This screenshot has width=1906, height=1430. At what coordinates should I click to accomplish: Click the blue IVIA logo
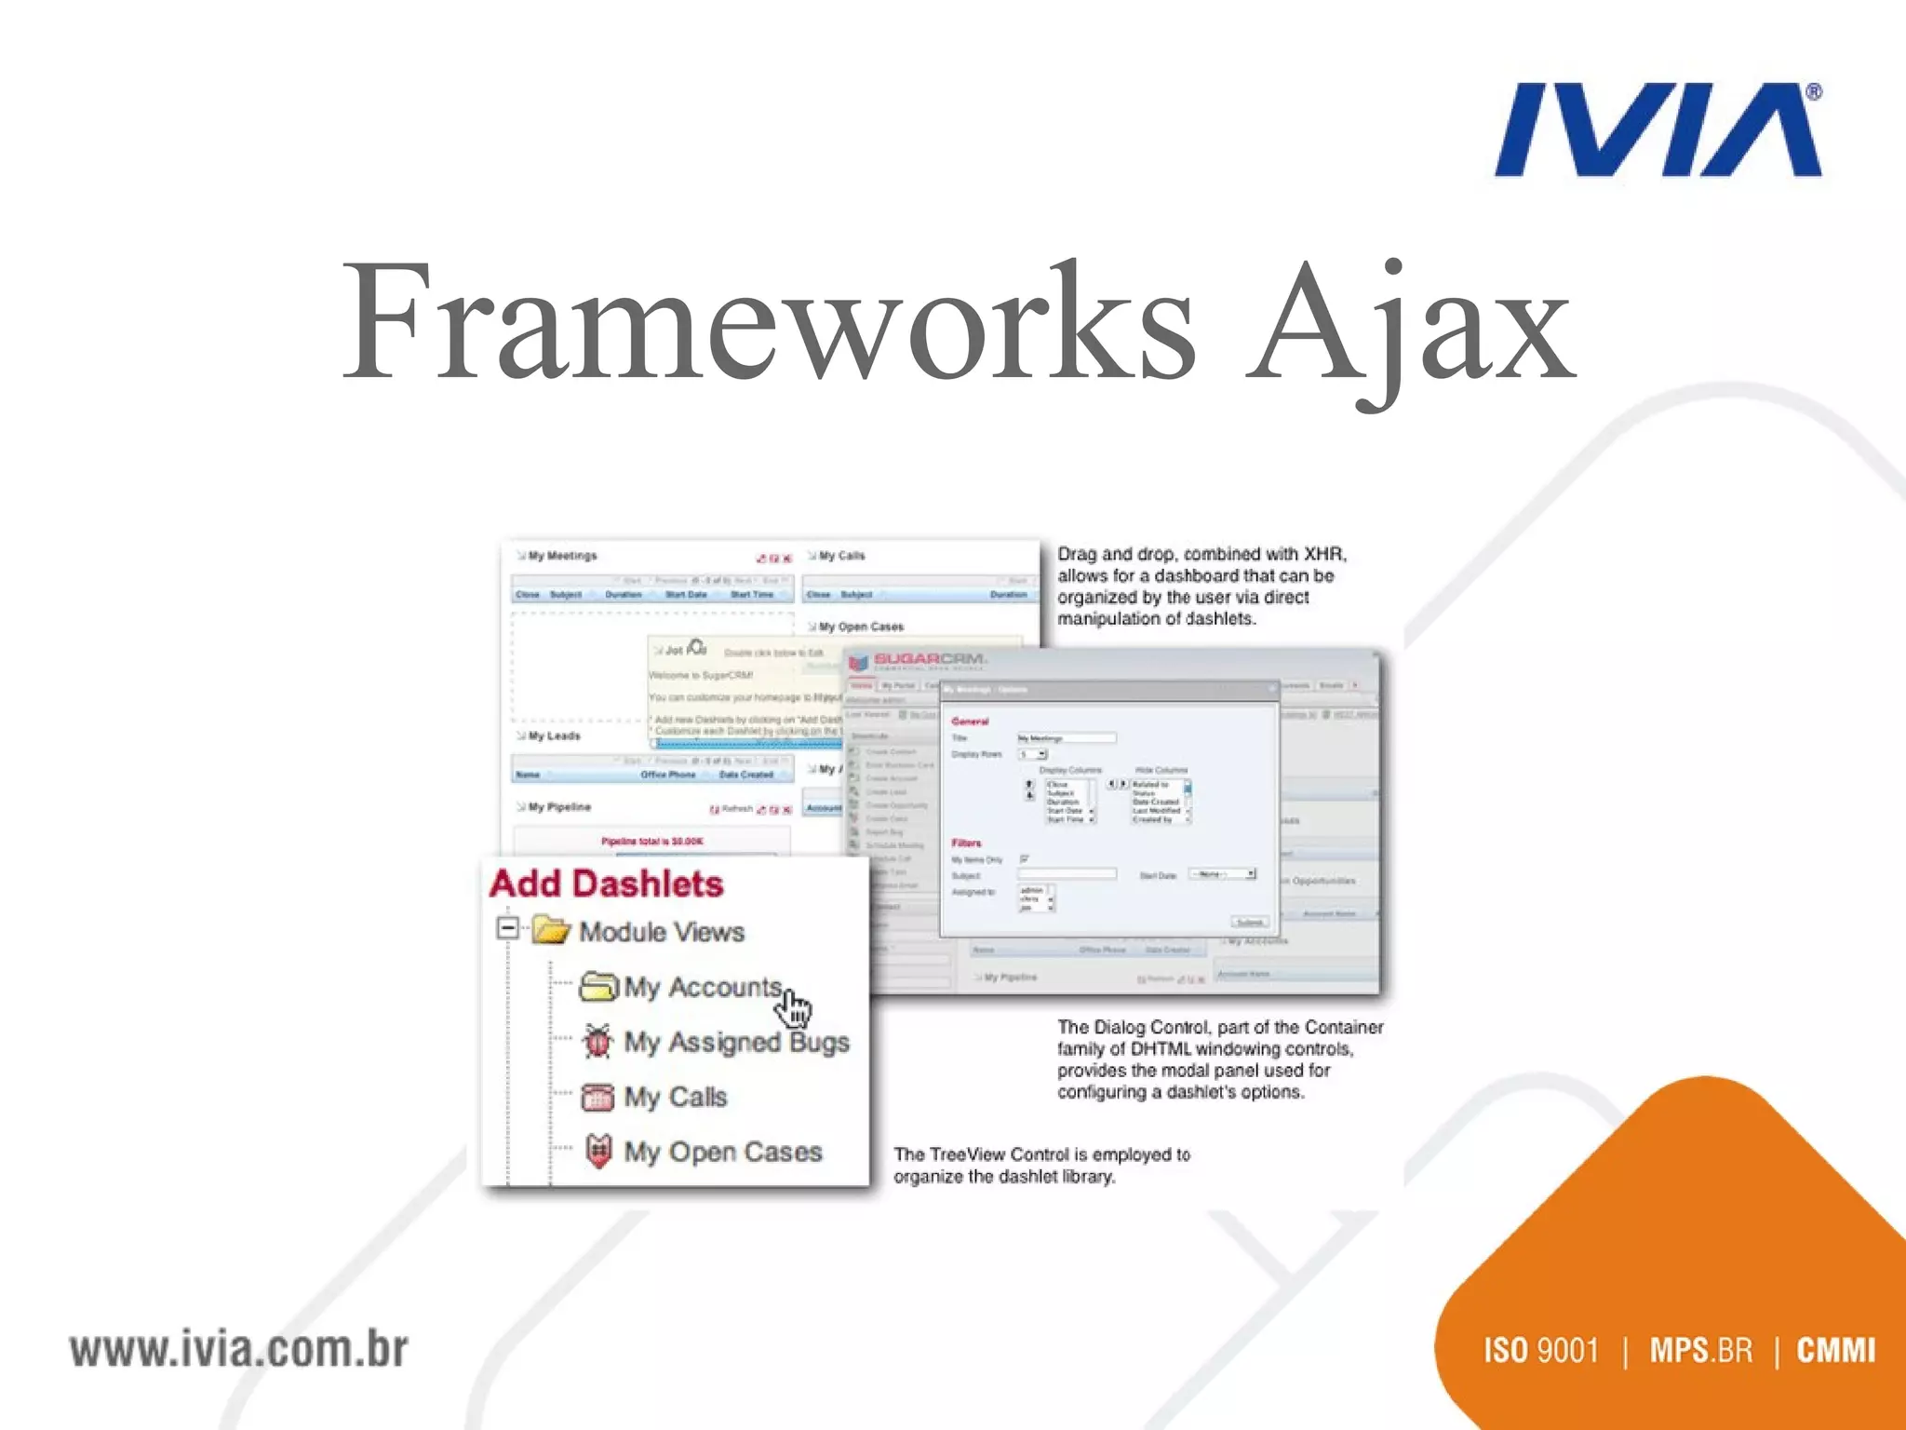pos(1657,130)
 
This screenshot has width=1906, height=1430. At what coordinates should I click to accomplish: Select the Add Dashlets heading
pos(606,884)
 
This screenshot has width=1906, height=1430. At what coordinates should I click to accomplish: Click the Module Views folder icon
pos(550,930)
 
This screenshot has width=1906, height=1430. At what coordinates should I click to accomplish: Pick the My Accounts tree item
pos(702,987)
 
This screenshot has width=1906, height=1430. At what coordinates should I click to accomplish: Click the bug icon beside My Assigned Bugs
pos(597,1041)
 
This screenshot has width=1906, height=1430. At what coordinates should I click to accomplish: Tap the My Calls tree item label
pos(675,1097)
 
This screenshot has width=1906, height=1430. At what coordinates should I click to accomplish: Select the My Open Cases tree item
pos(722,1152)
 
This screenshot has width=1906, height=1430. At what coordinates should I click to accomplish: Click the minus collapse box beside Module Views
pos(507,928)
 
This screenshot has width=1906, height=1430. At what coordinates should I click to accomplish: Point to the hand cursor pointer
pos(796,1007)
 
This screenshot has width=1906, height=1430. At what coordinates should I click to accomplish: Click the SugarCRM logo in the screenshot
pos(917,661)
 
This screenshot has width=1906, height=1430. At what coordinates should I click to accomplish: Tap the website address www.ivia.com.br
pos(238,1350)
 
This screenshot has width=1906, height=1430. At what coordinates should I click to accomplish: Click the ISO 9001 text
pos(1540,1351)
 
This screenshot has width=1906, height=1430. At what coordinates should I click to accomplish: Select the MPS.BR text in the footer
pos(1700,1351)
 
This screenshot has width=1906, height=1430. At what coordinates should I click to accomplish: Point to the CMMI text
pos(1835,1351)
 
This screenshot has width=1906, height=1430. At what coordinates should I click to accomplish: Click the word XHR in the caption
pos(1323,554)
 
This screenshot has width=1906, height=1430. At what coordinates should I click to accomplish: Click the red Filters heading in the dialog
pos(966,843)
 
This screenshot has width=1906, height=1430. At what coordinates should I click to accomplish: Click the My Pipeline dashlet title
pos(559,807)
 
